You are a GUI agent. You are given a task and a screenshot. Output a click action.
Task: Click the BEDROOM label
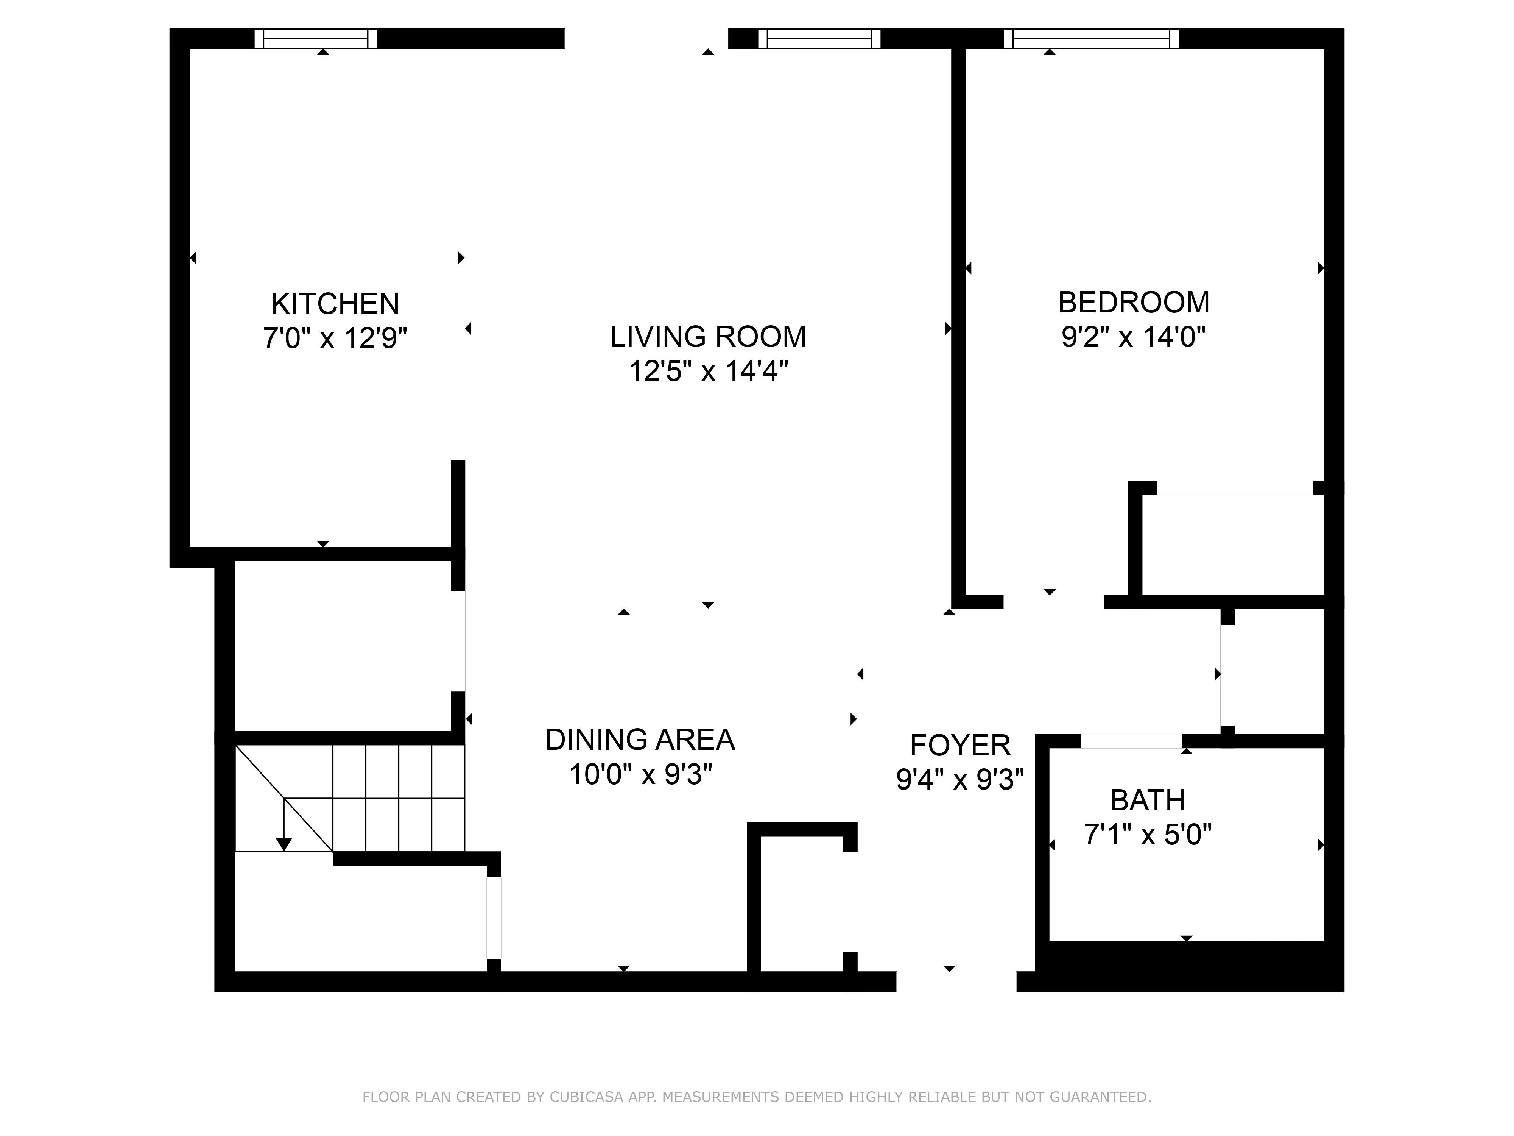tap(1134, 302)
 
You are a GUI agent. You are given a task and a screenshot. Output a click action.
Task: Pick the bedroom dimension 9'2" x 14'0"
tap(1134, 336)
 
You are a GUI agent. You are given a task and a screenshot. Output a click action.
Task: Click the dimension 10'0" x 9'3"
tap(640, 774)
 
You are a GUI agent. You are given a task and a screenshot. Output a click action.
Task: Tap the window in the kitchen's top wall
tap(316, 38)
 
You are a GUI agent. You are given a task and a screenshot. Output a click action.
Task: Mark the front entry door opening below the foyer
tap(956, 981)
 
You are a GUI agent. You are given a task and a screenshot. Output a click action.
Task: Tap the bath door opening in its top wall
tap(1131, 741)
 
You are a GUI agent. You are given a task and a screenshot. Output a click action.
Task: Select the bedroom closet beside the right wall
tap(1232, 545)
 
